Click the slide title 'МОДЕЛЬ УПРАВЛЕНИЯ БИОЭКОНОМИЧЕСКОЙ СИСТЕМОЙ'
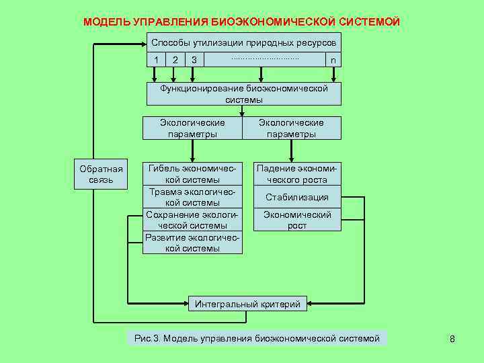click(242, 22)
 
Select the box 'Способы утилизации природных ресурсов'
click(243, 42)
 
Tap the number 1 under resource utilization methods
click(156, 60)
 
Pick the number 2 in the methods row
click(175, 60)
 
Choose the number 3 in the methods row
click(194, 60)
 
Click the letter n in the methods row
click(333, 60)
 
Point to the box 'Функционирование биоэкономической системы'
click(243, 94)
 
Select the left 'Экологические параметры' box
click(192, 128)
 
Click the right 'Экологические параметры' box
click(291, 128)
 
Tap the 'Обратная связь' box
click(101, 174)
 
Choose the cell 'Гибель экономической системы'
click(193, 174)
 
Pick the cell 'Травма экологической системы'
click(193, 197)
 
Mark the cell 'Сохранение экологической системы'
click(193, 220)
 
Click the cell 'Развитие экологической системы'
click(193, 243)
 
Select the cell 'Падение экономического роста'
click(296, 174)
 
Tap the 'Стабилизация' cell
click(296, 197)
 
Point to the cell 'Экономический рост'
click(296, 220)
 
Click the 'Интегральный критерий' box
click(247, 304)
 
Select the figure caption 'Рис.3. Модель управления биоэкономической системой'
click(257, 338)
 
